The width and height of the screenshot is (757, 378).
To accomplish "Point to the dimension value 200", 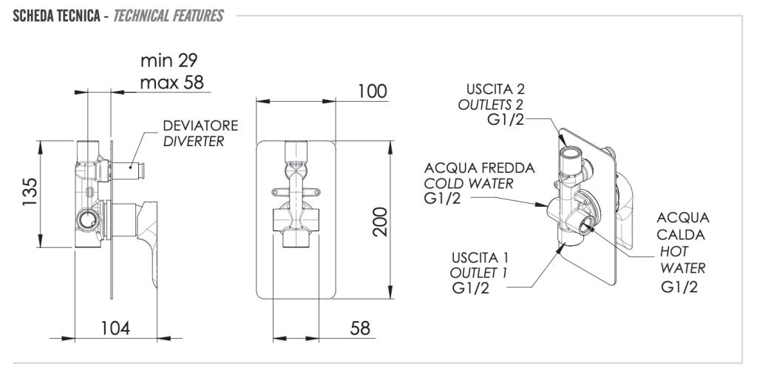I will (379, 221).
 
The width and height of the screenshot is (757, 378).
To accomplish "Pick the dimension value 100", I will (372, 91).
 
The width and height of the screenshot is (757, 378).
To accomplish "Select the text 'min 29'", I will (169, 59).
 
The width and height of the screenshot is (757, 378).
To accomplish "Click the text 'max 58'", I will (172, 81).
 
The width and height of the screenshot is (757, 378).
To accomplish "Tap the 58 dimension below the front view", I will (359, 328).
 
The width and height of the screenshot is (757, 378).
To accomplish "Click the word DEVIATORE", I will (200, 126).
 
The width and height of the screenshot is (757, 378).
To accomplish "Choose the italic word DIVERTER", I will (193, 141).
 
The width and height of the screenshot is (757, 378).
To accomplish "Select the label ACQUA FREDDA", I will (479, 168).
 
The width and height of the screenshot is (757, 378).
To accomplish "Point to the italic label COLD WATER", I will (468, 183).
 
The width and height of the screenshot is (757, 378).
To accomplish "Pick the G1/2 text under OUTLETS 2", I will (505, 120).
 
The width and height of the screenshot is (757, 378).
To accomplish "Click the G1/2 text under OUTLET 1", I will (469, 287).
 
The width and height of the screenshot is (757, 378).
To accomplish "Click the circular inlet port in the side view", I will (88, 218).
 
